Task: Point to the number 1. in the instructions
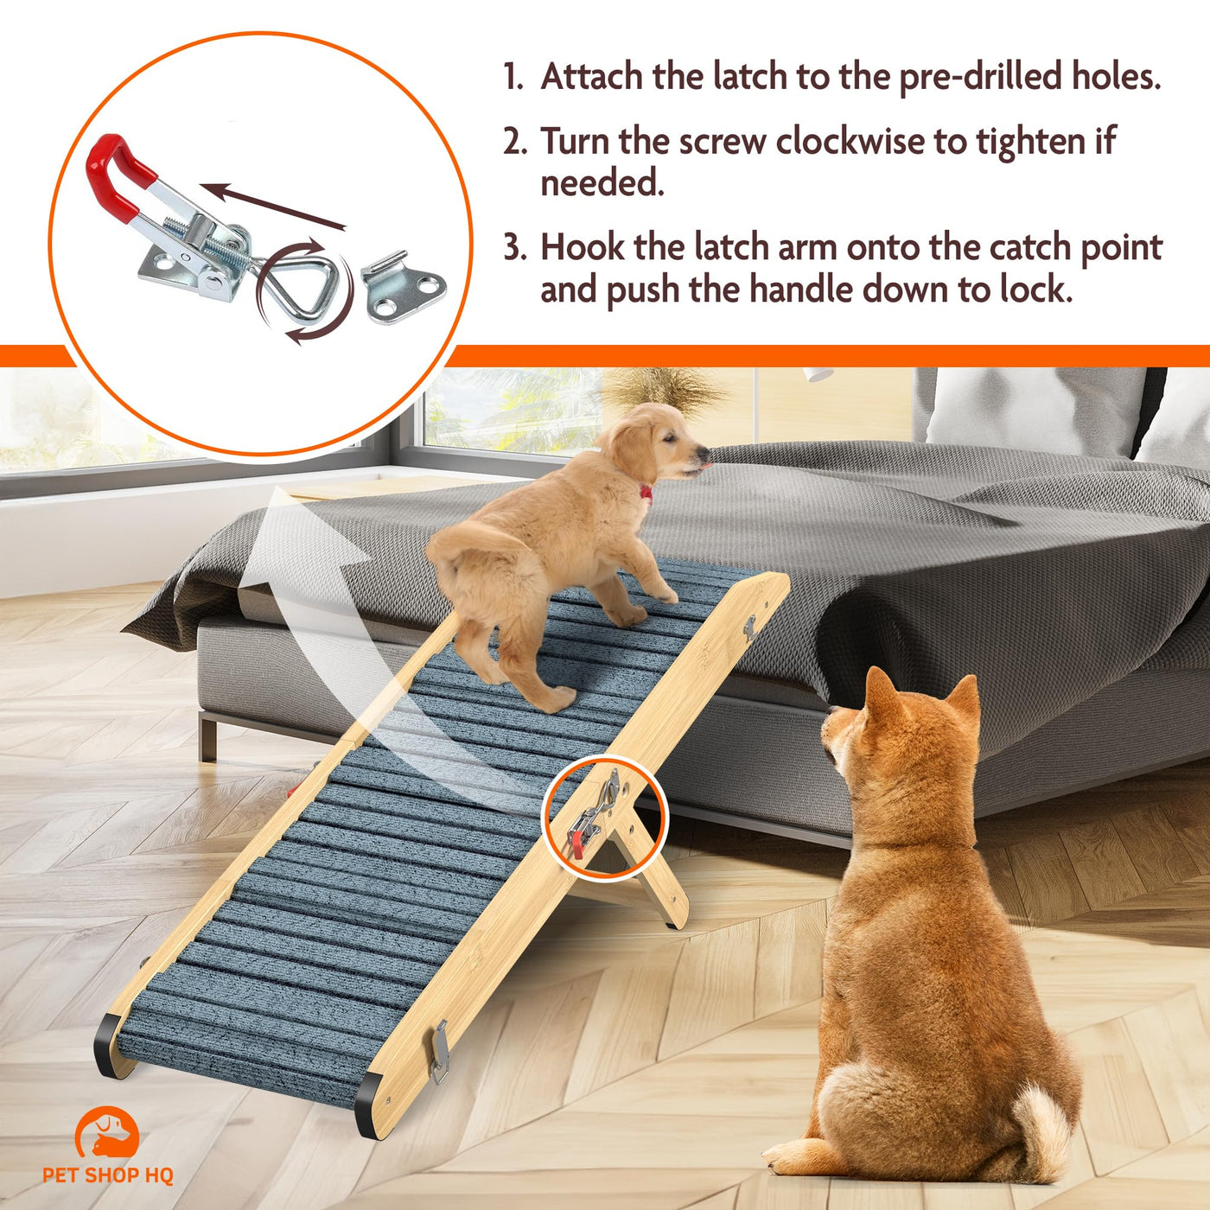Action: (513, 77)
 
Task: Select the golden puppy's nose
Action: (702, 453)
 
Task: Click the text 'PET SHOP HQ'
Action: (108, 1175)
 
